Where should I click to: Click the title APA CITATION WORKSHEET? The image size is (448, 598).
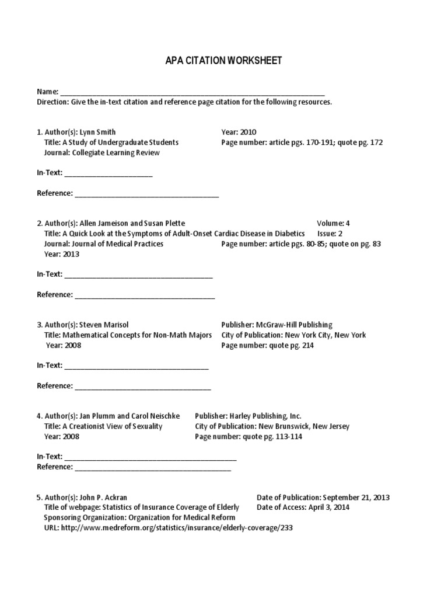point(224,61)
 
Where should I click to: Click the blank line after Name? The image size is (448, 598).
point(192,93)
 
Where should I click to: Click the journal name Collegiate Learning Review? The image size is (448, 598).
point(116,153)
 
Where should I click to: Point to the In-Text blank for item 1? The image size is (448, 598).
point(108,173)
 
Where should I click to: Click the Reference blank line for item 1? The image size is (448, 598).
point(146,194)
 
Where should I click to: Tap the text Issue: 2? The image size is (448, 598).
point(334,234)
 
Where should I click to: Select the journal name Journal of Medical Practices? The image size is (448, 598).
point(118,244)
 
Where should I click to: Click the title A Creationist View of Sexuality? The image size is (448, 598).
point(117,426)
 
